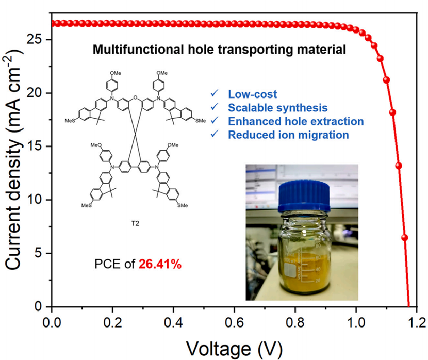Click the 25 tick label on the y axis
click(36, 40)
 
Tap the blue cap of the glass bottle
click(300, 198)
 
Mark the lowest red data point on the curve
click(405, 238)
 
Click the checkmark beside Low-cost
click(213, 94)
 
